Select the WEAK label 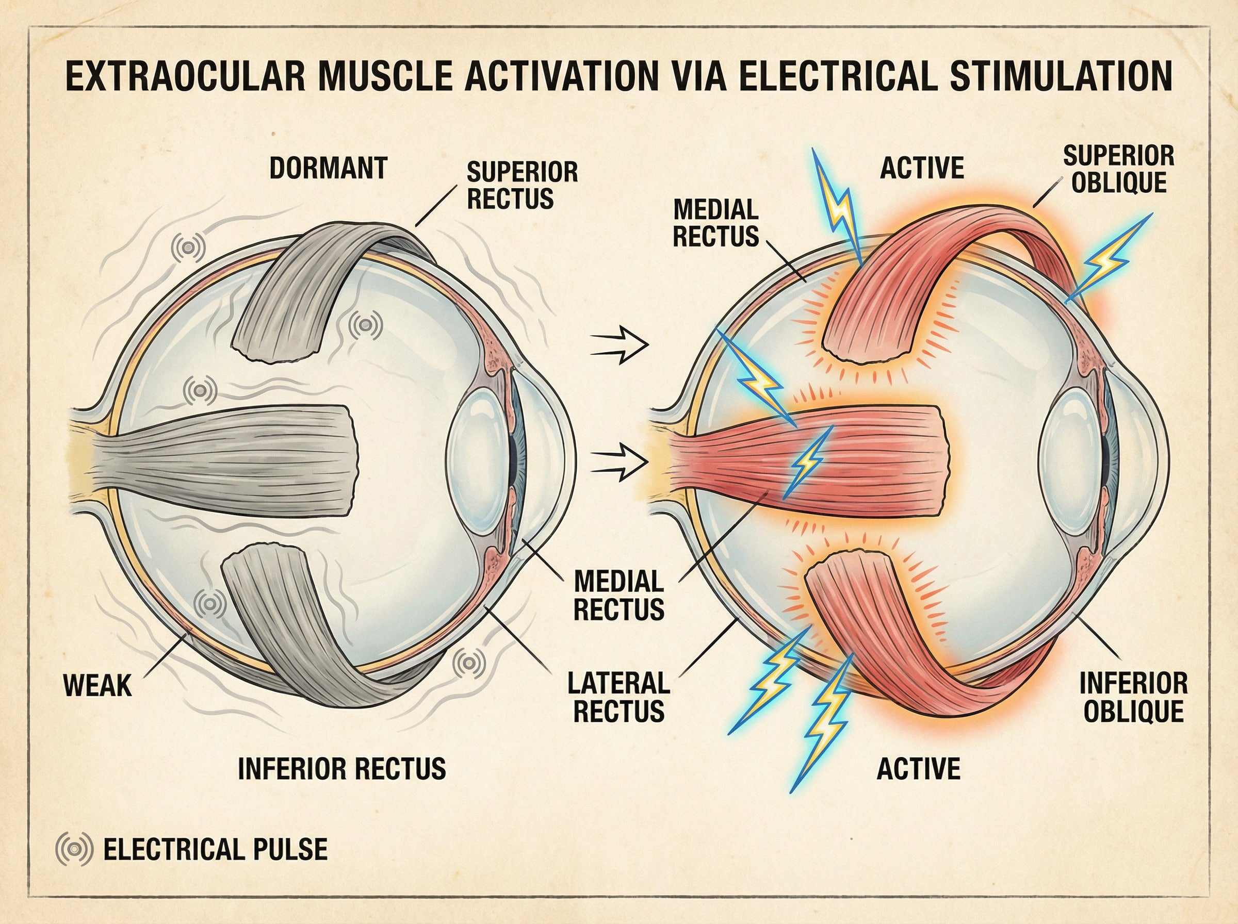click(97, 685)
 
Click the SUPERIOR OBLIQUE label click(1118, 169)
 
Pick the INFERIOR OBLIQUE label click(1133, 697)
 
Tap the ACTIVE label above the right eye click(922, 168)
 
